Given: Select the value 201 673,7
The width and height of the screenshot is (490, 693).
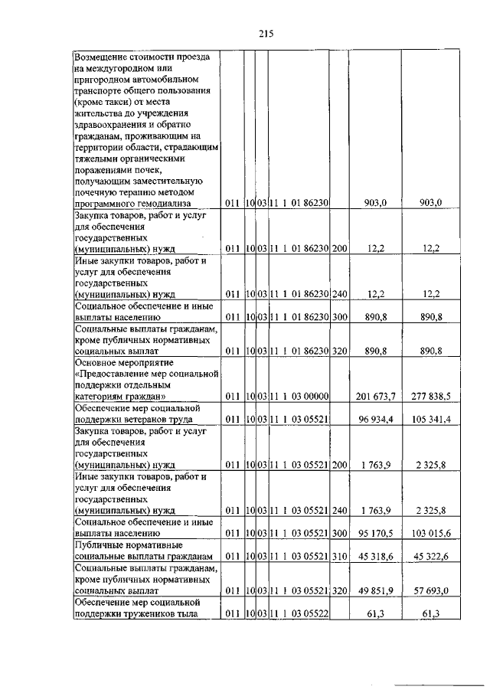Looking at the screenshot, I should pos(375,396).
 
